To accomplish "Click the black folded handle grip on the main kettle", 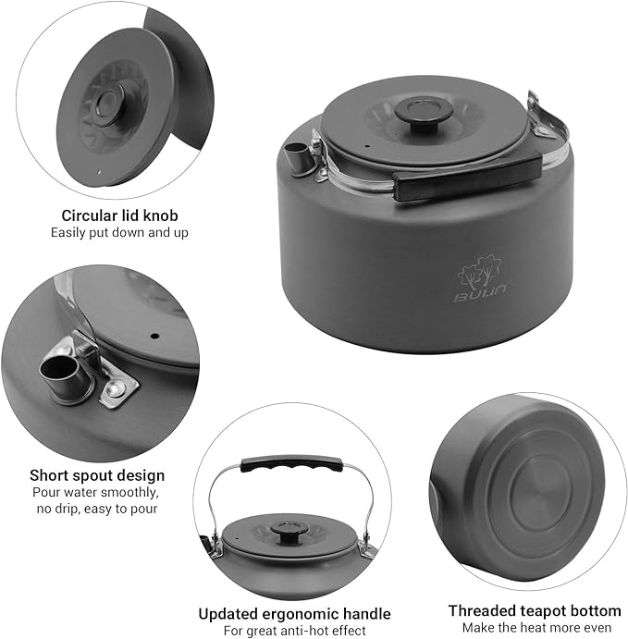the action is coord(467,177).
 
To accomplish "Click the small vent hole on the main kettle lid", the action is coord(367,145).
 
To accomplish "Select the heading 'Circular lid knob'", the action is coord(120,215).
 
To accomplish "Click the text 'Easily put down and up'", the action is coord(119,233).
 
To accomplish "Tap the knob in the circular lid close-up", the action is coord(106,103).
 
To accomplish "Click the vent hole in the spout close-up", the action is coord(154,337).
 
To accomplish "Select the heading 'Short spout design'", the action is coord(97,475).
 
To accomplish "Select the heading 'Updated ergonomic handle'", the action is coord(295,614).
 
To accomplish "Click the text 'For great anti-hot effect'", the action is coord(295,631).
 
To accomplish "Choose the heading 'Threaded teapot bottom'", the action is coord(535,611).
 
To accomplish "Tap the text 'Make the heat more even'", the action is coord(536,628).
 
